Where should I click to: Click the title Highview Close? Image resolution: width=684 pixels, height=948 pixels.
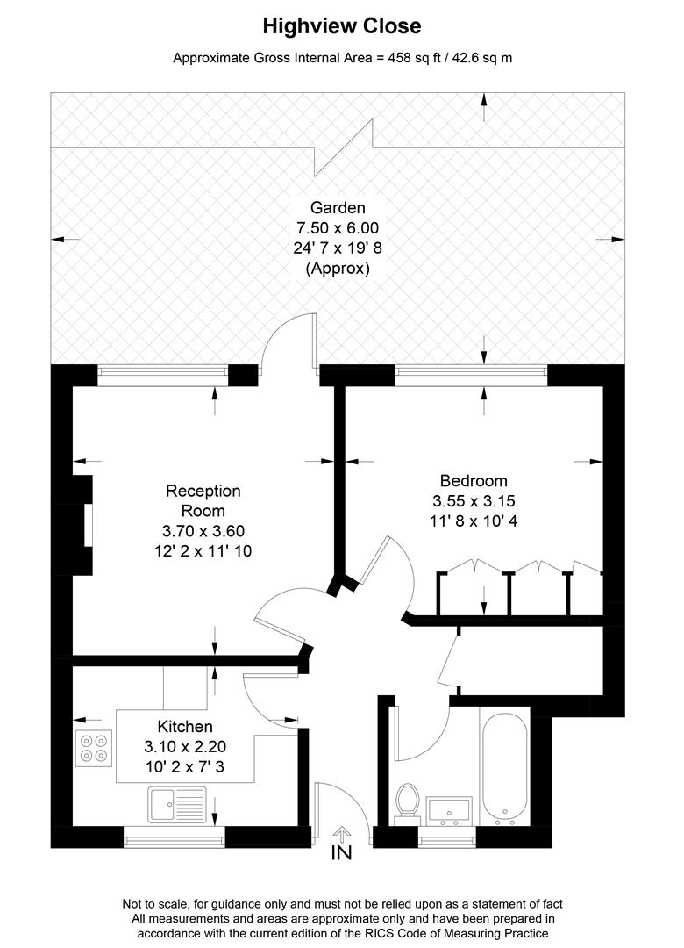[342, 27]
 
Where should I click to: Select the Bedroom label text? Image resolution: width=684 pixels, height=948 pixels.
[474, 481]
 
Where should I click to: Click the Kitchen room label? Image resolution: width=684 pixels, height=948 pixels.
[185, 727]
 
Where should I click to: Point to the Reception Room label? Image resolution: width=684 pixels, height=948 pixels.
[203, 500]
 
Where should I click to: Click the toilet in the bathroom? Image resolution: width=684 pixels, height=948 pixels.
[407, 803]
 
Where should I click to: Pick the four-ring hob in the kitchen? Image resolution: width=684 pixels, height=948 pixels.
[94, 747]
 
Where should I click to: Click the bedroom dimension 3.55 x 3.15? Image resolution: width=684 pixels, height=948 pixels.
[474, 502]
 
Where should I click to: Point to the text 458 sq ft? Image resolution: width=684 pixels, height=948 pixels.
[415, 59]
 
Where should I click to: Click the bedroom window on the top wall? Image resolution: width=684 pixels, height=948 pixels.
[472, 376]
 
